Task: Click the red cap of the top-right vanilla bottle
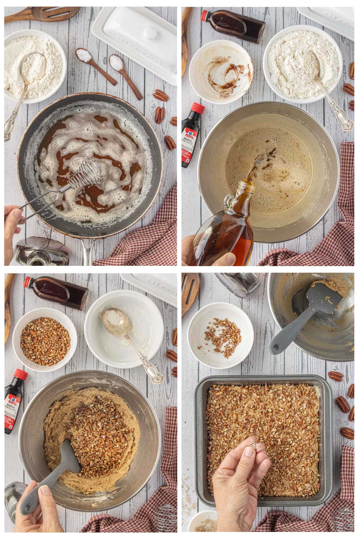[205, 15]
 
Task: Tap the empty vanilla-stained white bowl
[222, 69]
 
